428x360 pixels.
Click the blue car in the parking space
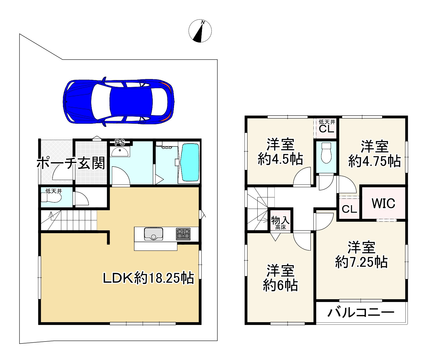point(119,102)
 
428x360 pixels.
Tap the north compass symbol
point(200,31)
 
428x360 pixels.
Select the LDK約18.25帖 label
point(148,278)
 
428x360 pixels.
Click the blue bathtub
point(191,162)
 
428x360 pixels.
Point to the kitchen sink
point(154,234)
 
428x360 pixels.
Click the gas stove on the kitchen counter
point(183,234)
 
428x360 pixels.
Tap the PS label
point(120,142)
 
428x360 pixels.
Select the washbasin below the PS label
point(120,152)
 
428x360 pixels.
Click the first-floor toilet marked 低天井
point(51,198)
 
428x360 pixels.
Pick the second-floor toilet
point(326,153)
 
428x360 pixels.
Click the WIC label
point(383,204)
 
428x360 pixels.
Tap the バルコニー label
point(361,313)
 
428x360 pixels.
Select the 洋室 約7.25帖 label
point(361,255)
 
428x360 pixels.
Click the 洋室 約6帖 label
point(280,278)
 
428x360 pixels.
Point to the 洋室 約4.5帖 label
point(280,152)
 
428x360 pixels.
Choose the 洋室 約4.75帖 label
point(375,154)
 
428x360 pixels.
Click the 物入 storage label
point(280,221)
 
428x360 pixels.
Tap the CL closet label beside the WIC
point(349,209)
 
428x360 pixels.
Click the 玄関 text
point(91,163)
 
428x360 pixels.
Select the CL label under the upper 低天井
point(326,129)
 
